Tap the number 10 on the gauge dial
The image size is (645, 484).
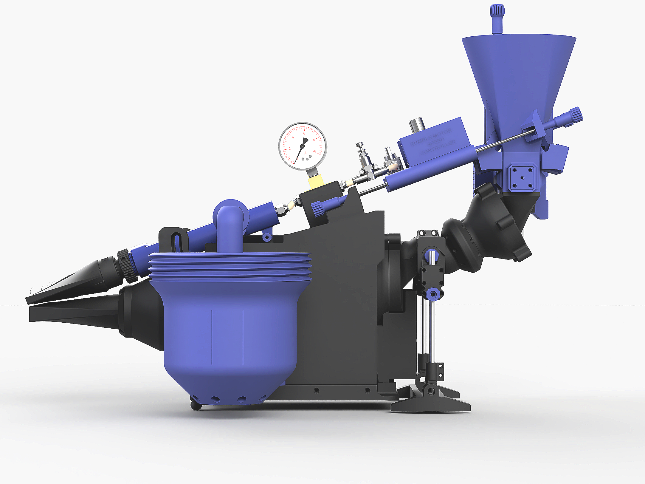point(314,152)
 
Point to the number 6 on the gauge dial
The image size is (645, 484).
point(304,133)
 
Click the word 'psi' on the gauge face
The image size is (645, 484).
point(305,153)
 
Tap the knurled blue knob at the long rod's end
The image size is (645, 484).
point(575,115)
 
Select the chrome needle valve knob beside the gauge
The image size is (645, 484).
point(361,146)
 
